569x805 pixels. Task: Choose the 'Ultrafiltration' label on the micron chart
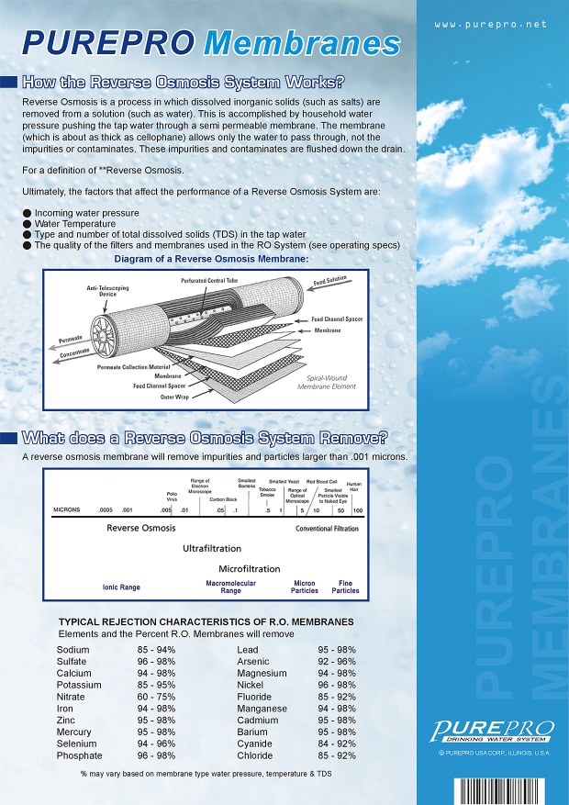click(x=211, y=548)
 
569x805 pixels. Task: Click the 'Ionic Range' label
click(x=120, y=587)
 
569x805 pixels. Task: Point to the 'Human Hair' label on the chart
click(x=354, y=486)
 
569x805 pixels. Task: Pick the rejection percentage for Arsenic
click(x=337, y=661)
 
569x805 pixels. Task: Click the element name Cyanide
click(x=255, y=744)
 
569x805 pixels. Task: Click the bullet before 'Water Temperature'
click(x=28, y=223)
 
